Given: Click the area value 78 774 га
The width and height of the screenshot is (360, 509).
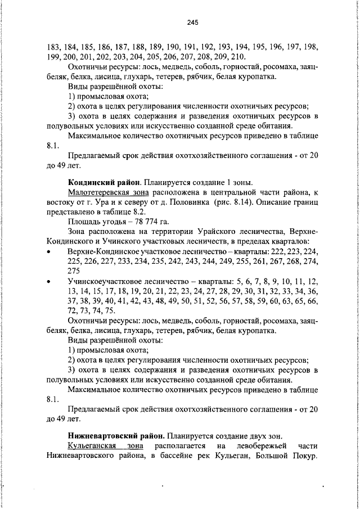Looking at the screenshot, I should tap(136, 221).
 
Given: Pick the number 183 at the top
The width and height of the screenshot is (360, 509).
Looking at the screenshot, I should tap(54, 48).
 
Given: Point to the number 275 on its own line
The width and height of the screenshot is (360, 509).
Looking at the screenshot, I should tap(74, 270).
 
